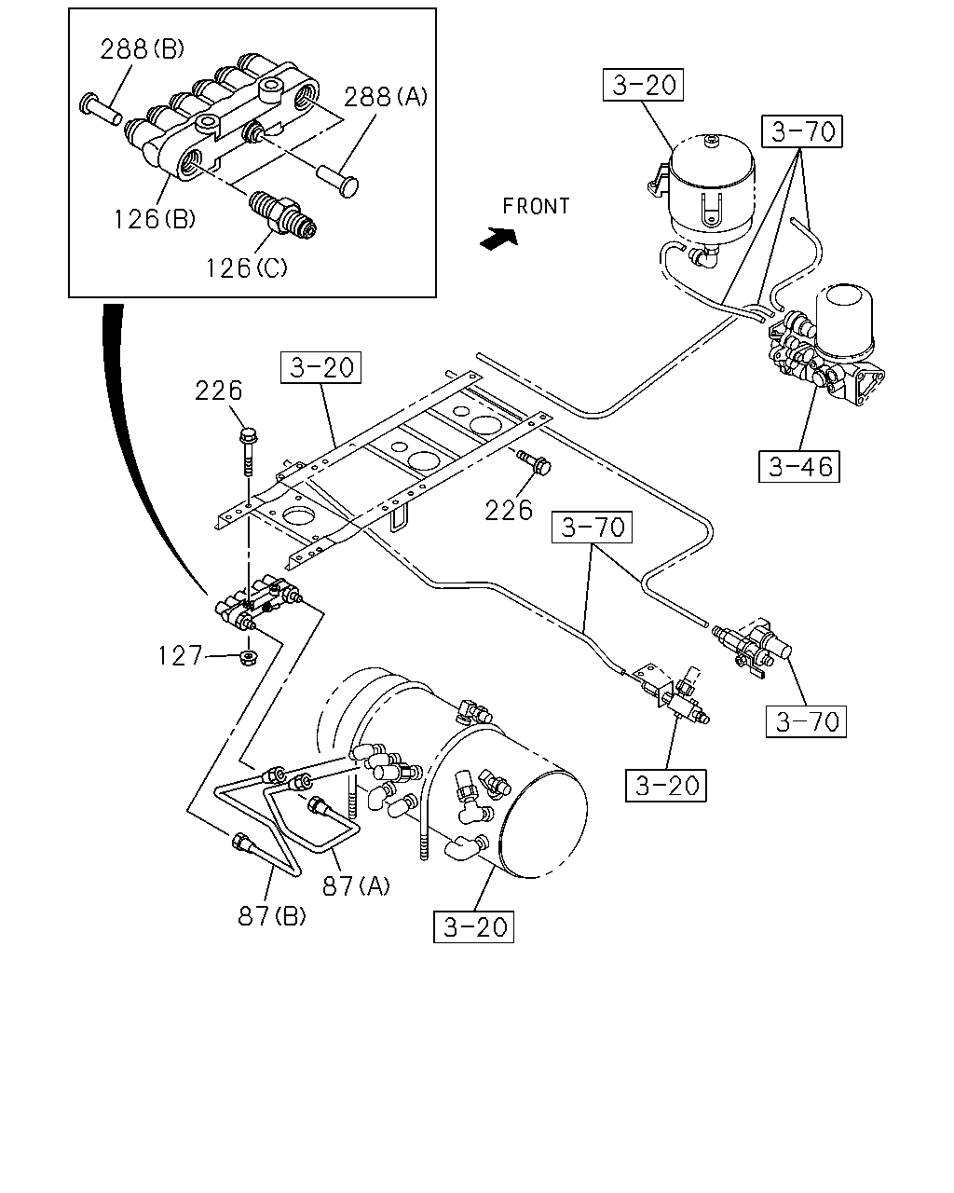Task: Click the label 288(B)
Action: [x=142, y=49]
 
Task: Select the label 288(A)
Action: [x=386, y=97]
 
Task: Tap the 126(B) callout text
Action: [x=155, y=220]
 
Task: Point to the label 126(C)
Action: [x=247, y=268]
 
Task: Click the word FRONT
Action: [x=536, y=206]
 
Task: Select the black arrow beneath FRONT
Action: [x=499, y=239]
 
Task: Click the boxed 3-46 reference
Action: [x=798, y=466]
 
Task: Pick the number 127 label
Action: [x=180, y=656]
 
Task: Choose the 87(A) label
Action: [x=357, y=885]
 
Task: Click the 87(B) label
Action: [x=272, y=916]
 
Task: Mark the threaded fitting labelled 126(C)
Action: [x=282, y=213]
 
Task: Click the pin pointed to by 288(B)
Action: [x=101, y=110]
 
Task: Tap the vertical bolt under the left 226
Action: [x=248, y=451]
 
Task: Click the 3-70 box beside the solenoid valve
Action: [x=806, y=721]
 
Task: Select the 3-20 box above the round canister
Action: [x=643, y=85]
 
